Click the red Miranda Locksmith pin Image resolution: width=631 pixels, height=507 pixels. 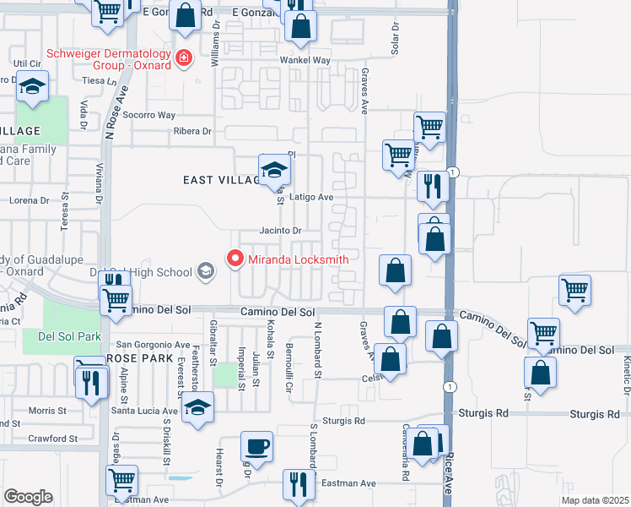235,258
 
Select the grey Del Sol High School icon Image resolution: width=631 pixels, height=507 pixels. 206,271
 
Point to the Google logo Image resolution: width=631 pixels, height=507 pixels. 28,497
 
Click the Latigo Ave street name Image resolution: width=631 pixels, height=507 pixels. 312,197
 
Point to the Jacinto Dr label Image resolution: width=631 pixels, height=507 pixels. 280,230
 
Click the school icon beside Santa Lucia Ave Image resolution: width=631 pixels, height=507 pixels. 197,408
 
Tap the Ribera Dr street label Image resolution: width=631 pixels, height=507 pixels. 192,131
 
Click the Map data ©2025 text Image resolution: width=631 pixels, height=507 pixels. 594,499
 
